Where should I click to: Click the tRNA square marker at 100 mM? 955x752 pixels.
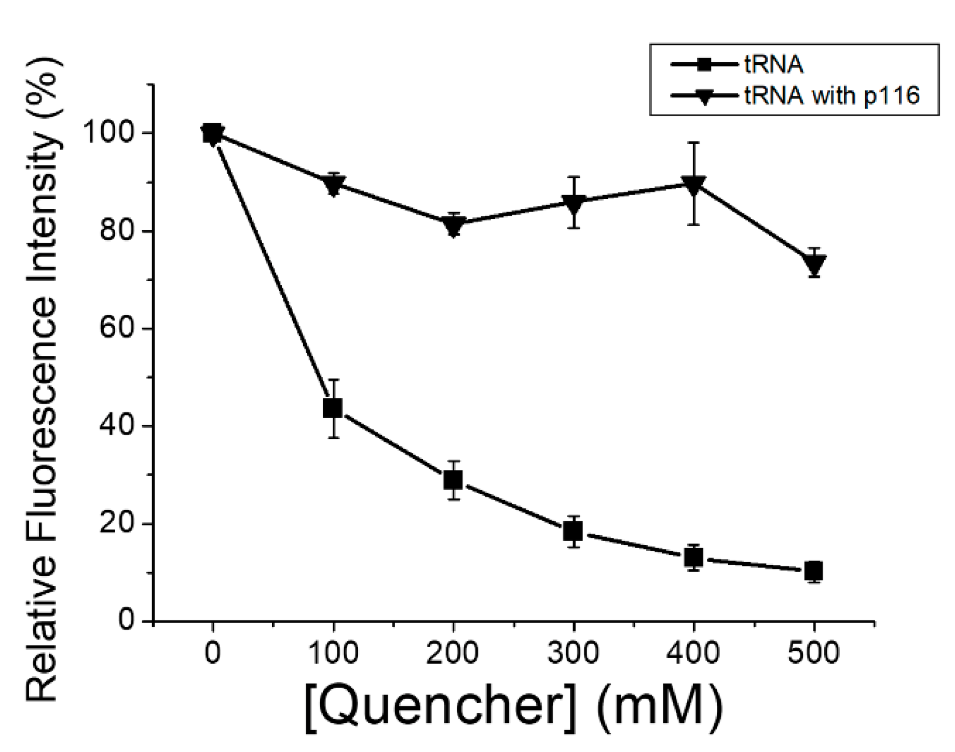tap(333, 408)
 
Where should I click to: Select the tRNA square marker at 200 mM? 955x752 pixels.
tap(453, 480)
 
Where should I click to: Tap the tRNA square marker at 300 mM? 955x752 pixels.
tap(573, 531)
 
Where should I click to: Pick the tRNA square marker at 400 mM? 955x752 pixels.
tap(694, 558)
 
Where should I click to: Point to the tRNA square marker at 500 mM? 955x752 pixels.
tap(814, 571)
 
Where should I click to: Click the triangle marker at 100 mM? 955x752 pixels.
tap(333, 184)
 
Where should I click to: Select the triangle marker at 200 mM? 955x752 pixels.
tap(453, 226)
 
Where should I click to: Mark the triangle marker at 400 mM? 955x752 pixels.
tap(694, 185)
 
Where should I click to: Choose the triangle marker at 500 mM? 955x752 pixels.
tap(814, 264)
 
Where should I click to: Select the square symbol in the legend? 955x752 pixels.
tap(705, 65)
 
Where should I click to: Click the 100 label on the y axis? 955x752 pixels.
tap(111, 133)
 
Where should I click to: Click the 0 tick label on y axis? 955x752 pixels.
tap(128, 620)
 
